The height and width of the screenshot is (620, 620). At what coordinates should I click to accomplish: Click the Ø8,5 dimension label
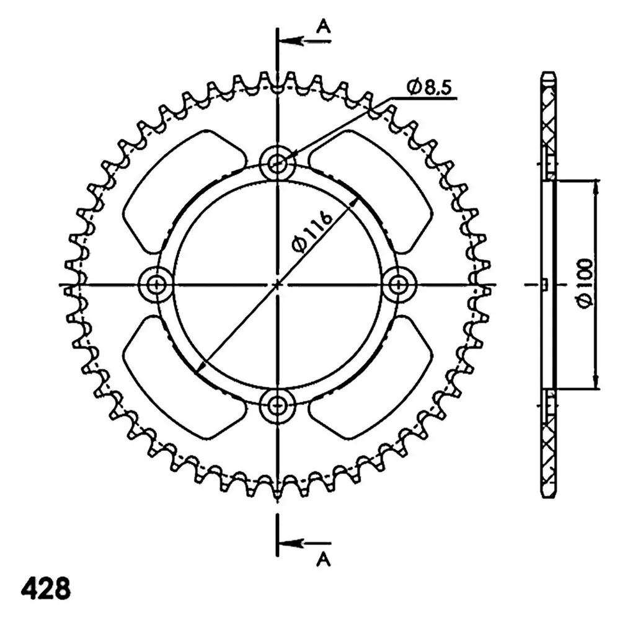point(428,87)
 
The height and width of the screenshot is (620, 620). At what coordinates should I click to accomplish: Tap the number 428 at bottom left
point(45,588)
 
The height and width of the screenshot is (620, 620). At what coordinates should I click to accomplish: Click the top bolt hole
point(278,162)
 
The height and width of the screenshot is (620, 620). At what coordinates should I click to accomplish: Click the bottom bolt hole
point(278,405)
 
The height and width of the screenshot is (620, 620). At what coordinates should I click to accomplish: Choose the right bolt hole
point(399,284)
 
